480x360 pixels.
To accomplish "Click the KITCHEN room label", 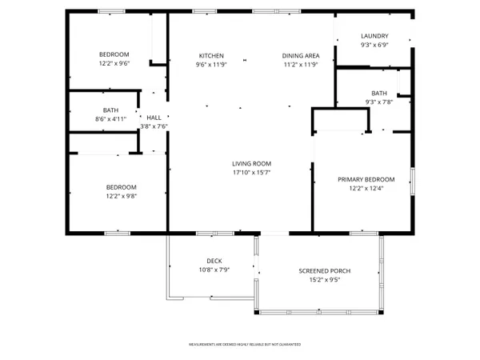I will pyautogui.click(x=211, y=55).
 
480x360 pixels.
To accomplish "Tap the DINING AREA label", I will pyautogui.click(x=300, y=55).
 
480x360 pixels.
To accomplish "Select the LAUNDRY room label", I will pyautogui.click(x=374, y=36).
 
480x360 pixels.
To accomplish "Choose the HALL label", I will pyautogui.click(x=154, y=118).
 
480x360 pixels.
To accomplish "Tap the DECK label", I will pyautogui.click(x=214, y=261).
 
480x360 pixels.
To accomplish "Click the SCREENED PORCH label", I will pyautogui.click(x=325, y=271).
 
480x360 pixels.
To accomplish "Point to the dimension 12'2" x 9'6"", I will pyautogui.click(x=114, y=63).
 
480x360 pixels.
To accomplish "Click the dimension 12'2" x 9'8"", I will pyautogui.click(x=122, y=196).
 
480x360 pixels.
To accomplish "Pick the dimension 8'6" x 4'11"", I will pyautogui.click(x=110, y=119).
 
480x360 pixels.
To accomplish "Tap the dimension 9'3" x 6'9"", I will pyautogui.click(x=374, y=46).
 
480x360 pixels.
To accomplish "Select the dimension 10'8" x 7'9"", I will pyautogui.click(x=214, y=270).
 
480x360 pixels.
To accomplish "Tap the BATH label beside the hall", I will pyautogui.click(x=110, y=110).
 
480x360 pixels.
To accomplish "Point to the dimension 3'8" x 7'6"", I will pyautogui.click(x=154, y=126).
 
